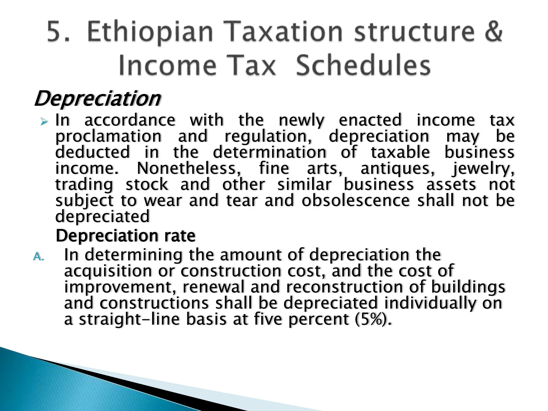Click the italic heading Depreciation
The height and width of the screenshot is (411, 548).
pyautogui.click(x=97, y=99)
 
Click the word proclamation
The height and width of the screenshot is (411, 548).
pyautogui.click(x=108, y=137)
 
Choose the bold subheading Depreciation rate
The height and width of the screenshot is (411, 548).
pyautogui.click(x=125, y=236)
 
